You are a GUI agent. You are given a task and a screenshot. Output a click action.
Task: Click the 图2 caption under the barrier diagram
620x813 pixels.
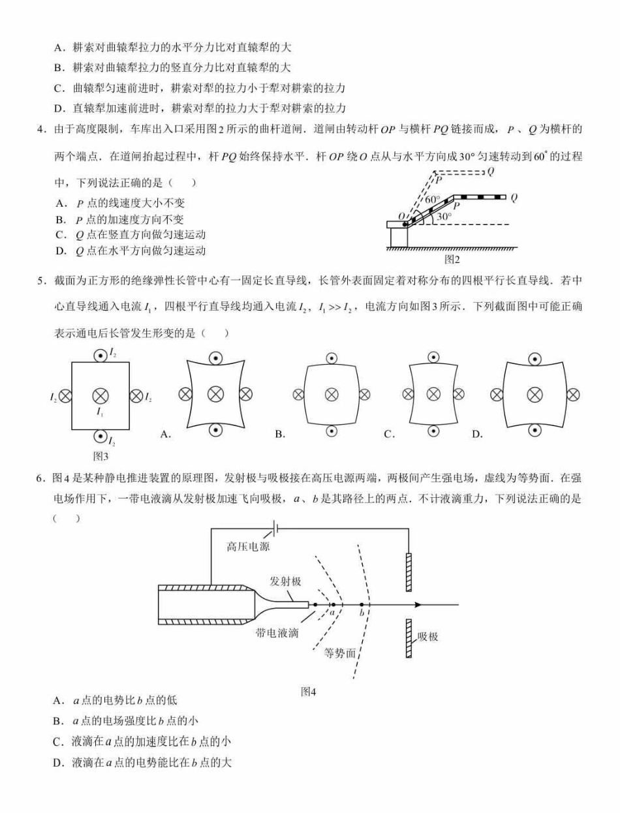pyautogui.click(x=452, y=259)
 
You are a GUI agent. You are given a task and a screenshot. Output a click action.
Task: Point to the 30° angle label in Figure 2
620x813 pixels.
pyautogui.click(x=444, y=216)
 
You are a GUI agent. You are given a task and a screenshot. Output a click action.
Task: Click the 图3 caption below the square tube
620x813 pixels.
pyautogui.click(x=101, y=455)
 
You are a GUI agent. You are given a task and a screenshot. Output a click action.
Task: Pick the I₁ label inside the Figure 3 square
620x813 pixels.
pyautogui.click(x=100, y=412)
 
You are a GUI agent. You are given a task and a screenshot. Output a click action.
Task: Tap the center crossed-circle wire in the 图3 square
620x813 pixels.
pyautogui.click(x=100, y=395)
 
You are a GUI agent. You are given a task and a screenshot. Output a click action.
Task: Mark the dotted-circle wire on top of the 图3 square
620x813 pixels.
pyautogui.click(x=100, y=356)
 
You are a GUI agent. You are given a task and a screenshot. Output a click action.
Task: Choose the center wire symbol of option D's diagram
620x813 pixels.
pyautogui.click(x=535, y=394)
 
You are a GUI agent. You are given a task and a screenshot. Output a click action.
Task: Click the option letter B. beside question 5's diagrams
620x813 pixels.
pyautogui.click(x=280, y=434)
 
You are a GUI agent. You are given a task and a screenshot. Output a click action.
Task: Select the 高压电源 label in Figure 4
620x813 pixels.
pyautogui.click(x=248, y=547)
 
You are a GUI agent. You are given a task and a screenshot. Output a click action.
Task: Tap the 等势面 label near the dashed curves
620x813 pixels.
pyautogui.click(x=340, y=652)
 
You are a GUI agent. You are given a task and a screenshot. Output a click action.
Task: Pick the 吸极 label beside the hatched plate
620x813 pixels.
pyautogui.click(x=428, y=636)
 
